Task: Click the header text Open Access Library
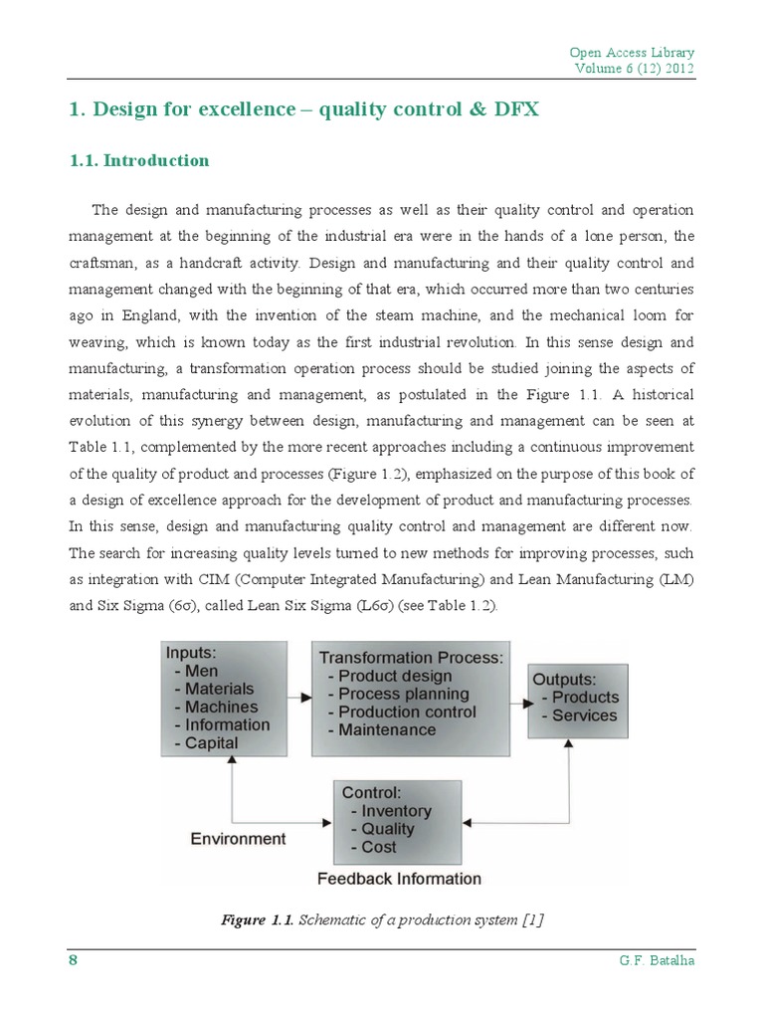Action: (x=632, y=52)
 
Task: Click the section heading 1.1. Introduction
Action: (x=139, y=160)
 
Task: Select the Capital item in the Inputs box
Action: (x=211, y=742)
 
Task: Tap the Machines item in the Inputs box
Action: (x=221, y=707)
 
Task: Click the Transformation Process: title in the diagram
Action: (x=411, y=658)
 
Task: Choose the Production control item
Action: (x=407, y=712)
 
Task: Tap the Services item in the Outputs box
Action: (x=584, y=714)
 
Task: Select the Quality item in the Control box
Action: (x=388, y=829)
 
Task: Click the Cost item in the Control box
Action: (x=379, y=847)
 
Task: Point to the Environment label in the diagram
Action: (x=238, y=839)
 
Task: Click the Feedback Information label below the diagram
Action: (x=399, y=879)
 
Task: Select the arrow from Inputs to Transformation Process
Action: (x=299, y=698)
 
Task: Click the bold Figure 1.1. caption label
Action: (x=257, y=920)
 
